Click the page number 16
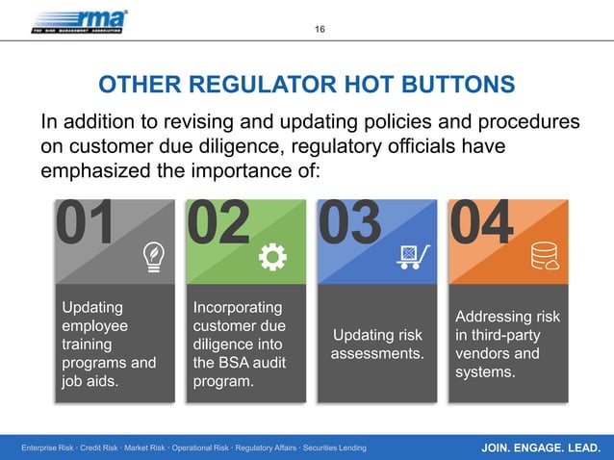coord(320,29)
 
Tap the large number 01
coord(86,224)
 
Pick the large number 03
coord(349,224)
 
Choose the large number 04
coord(481,224)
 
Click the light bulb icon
coord(152,255)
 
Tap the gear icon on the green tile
coord(273,255)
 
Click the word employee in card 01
coord(94,326)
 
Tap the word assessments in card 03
coord(377,354)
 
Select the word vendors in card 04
coord(480,353)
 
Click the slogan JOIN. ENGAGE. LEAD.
coord(541,447)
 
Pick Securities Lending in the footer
coord(331,448)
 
